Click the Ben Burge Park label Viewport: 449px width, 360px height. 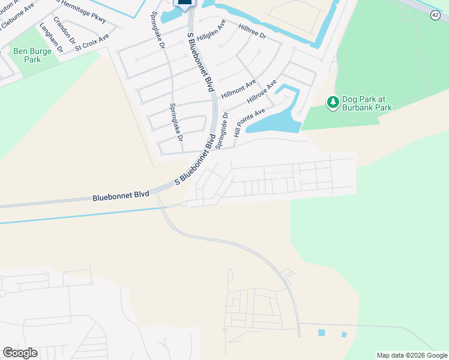[28, 56]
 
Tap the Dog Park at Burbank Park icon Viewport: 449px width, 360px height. [333, 103]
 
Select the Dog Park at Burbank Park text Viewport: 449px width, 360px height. [367, 103]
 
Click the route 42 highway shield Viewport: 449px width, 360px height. [435, 15]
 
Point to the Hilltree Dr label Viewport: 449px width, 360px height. [252, 32]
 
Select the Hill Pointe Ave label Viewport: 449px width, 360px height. [249, 123]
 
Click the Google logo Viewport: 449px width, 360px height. [20, 353]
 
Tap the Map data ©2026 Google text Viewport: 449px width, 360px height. [412, 355]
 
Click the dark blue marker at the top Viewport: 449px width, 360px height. [185, 3]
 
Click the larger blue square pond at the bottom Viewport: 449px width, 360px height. [322, 332]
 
